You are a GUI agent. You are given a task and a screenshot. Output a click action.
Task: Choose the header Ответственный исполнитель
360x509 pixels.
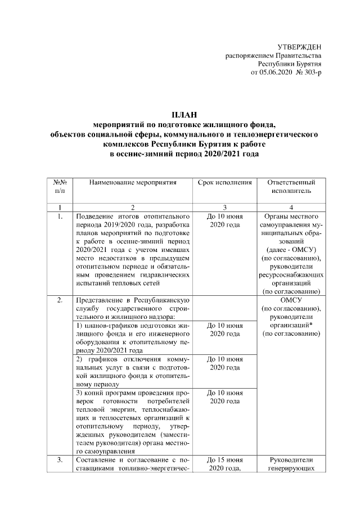coord(290,187)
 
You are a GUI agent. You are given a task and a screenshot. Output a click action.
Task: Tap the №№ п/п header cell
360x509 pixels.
coord(60,187)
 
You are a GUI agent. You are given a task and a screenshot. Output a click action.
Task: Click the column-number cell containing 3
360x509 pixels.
coord(224,208)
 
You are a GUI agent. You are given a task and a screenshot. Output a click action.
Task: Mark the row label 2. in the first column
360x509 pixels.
coord(60,299)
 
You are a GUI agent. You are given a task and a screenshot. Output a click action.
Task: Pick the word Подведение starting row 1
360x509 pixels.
coord(96,217)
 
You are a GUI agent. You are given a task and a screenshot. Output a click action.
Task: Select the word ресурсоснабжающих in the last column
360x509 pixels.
coord(290,276)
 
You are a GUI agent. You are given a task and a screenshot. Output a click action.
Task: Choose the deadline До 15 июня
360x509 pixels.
coord(224,460)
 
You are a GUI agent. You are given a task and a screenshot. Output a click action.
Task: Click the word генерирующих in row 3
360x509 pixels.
coord(290,469)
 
